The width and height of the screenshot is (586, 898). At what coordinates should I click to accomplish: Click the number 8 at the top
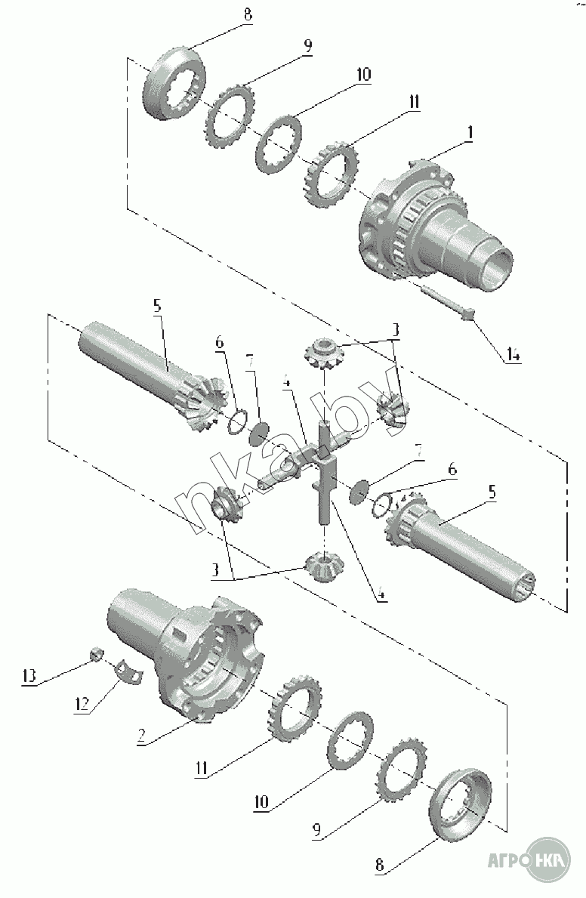pos(248,14)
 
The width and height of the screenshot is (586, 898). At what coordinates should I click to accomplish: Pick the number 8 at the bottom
pos(382,868)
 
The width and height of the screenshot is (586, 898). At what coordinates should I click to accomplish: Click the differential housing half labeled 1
pos(430,227)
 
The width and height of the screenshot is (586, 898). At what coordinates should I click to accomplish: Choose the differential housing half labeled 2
pos(189,650)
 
